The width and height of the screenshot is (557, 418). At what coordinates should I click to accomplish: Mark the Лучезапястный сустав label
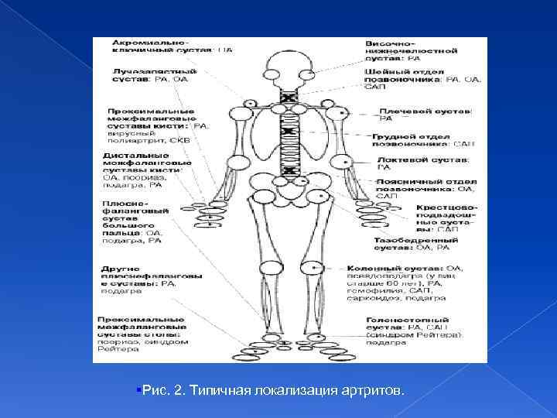144,74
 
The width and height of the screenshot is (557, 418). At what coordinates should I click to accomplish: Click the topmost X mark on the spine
289,98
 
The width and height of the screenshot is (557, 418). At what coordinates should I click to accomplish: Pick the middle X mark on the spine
289,132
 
